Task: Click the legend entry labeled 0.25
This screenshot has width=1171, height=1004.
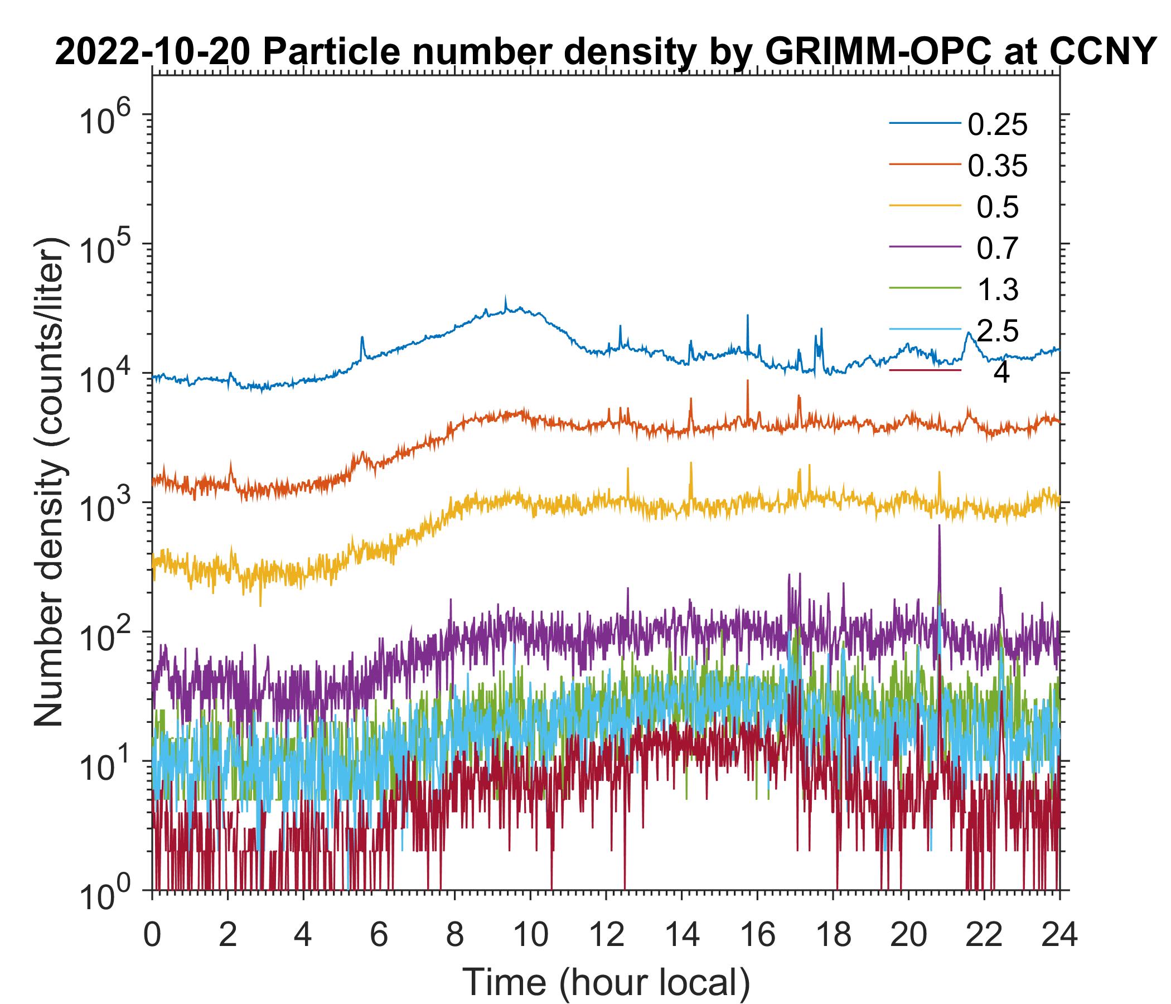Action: click(x=998, y=125)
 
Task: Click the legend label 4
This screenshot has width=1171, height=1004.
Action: click(x=1001, y=373)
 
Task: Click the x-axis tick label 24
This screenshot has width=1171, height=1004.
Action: click(x=1059, y=934)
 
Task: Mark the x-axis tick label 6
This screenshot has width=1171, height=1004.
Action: click(x=379, y=934)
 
